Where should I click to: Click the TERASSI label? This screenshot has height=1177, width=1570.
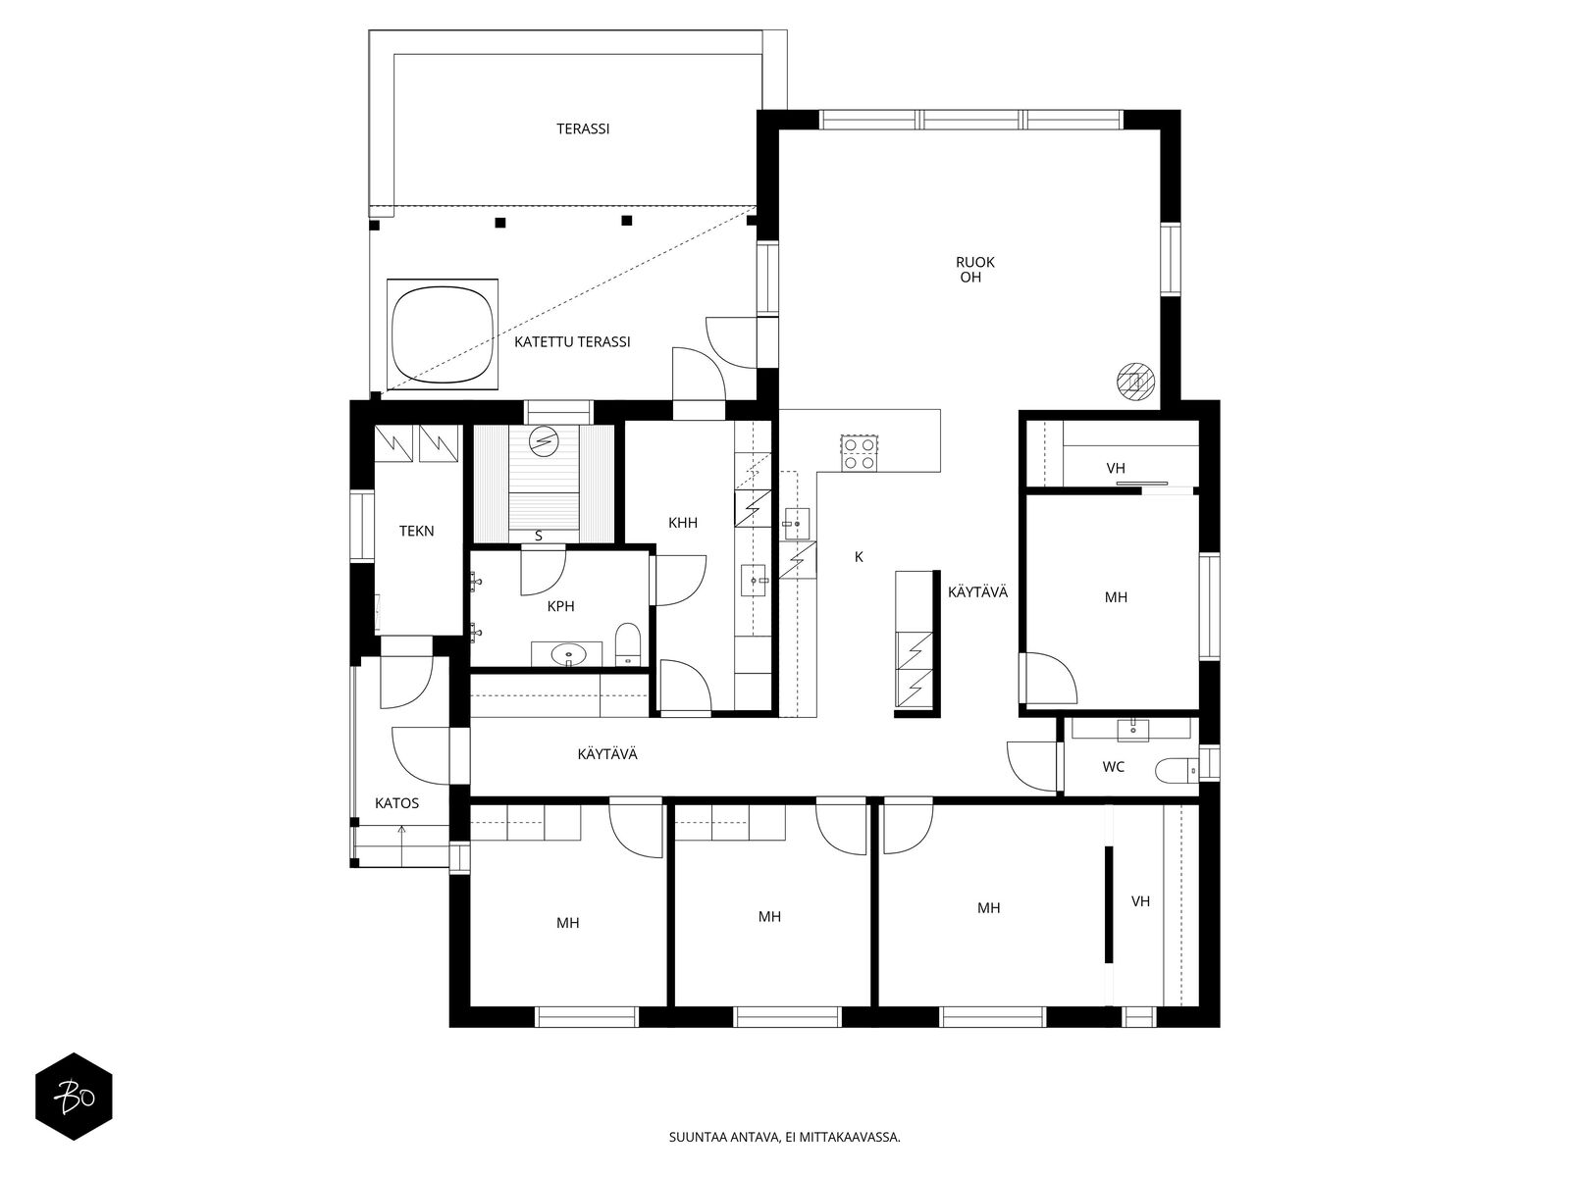click(x=583, y=129)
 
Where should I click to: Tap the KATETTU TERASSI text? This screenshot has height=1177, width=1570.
click(x=572, y=342)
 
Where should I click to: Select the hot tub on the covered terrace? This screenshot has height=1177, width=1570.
click(x=442, y=334)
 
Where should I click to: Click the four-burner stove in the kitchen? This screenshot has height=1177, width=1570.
click(x=859, y=453)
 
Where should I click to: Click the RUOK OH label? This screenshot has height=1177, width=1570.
click(x=975, y=270)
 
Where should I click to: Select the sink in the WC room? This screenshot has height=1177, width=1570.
click(x=1133, y=729)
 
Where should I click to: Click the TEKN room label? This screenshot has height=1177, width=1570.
click(x=416, y=531)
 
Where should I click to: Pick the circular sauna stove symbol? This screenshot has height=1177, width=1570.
click(x=543, y=440)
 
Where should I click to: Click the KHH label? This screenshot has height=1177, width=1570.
click(x=682, y=523)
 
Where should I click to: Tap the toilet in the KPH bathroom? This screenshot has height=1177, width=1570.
click(x=628, y=644)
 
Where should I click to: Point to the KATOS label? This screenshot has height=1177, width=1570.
click(x=397, y=803)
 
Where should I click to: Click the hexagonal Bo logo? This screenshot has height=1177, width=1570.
click(x=75, y=1097)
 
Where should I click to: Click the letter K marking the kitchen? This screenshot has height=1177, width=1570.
click(x=859, y=557)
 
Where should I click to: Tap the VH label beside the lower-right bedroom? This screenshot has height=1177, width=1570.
click(x=1141, y=901)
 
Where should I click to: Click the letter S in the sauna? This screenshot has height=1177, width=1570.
click(x=539, y=536)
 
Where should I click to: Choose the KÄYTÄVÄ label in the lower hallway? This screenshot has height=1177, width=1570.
click(x=607, y=754)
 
